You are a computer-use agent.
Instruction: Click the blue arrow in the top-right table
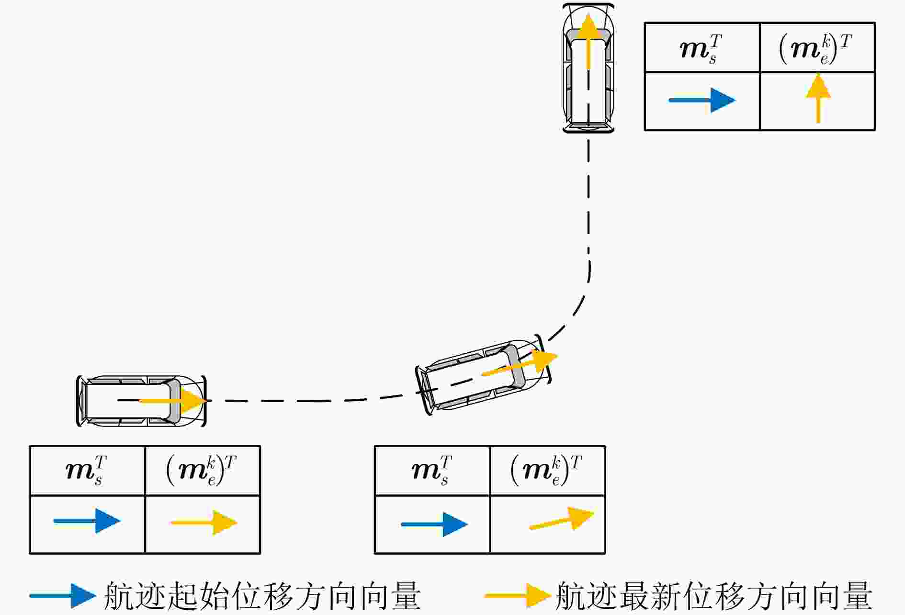tap(702, 100)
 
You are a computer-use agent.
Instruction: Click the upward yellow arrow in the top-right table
tap(818, 98)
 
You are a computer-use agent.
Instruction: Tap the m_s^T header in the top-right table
tap(701, 48)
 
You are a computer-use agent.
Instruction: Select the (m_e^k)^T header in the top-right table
tap(816, 48)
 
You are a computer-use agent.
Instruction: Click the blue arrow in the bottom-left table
tap(87, 521)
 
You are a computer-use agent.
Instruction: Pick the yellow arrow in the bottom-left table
tap(204, 522)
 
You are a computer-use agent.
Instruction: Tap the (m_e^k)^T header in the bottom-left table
tap(202, 471)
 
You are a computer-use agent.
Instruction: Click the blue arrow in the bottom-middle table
tap(434, 524)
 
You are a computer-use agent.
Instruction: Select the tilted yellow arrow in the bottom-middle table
tap(562, 519)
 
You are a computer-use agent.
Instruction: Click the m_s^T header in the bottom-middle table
tap(432, 471)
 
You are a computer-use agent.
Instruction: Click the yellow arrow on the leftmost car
tap(172, 400)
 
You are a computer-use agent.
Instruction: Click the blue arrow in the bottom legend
tap(63, 596)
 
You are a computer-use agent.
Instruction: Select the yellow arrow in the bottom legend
tap(517, 596)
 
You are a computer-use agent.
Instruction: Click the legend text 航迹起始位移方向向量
tap(262, 596)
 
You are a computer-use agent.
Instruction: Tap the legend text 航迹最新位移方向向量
tap(714, 596)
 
